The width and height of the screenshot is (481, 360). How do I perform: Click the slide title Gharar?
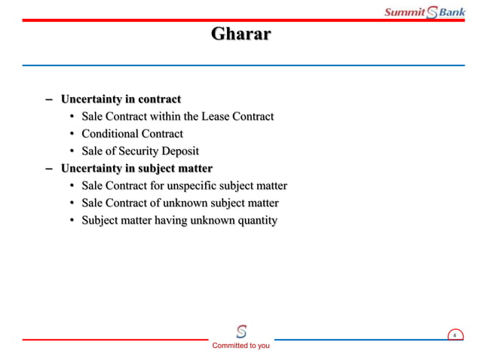(240, 35)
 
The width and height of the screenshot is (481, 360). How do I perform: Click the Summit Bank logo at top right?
(424, 11)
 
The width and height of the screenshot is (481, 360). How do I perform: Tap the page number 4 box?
(454, 335)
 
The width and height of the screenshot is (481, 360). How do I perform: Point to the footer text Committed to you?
(240, 346)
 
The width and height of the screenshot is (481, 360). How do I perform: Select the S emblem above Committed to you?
(240, 331)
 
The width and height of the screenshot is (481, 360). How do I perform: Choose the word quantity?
(253, 221)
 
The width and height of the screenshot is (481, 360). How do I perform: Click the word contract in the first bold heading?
(158, 99)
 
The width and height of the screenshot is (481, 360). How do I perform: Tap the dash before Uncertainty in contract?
(49, 99)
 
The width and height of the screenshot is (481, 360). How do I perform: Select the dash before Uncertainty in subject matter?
(49, 169)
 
